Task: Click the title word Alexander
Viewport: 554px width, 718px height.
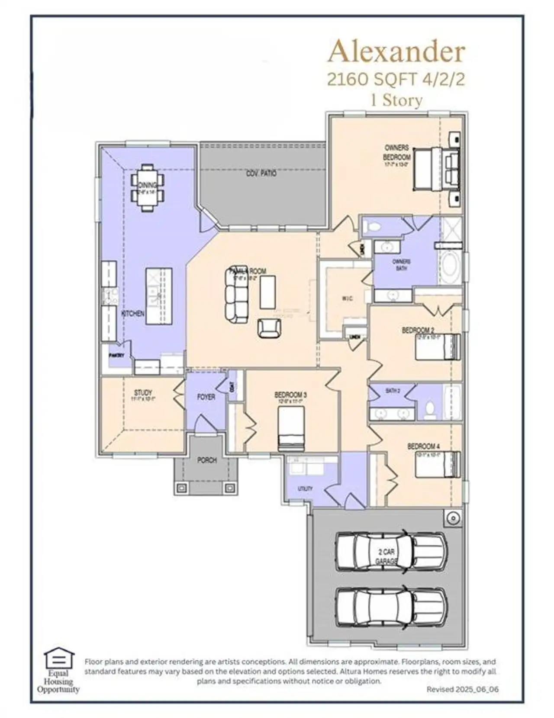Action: (396, 52)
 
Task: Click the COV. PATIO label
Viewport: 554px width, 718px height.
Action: (261, 173)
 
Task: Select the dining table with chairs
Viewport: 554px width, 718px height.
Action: (148, 187)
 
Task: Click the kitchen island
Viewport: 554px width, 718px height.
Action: (158, 296)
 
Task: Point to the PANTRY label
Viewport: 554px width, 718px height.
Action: (116, 356)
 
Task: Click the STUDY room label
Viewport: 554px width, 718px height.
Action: (143, 393)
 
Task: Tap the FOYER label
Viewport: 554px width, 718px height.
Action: (206, 396)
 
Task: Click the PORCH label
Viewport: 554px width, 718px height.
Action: (207, 460)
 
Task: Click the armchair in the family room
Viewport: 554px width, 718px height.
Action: (269, 328)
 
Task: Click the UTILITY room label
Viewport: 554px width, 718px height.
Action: (305, 488)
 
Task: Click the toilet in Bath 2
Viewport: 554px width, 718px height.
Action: (430, 410)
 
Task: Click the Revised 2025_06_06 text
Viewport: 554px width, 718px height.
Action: (462, 689)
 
